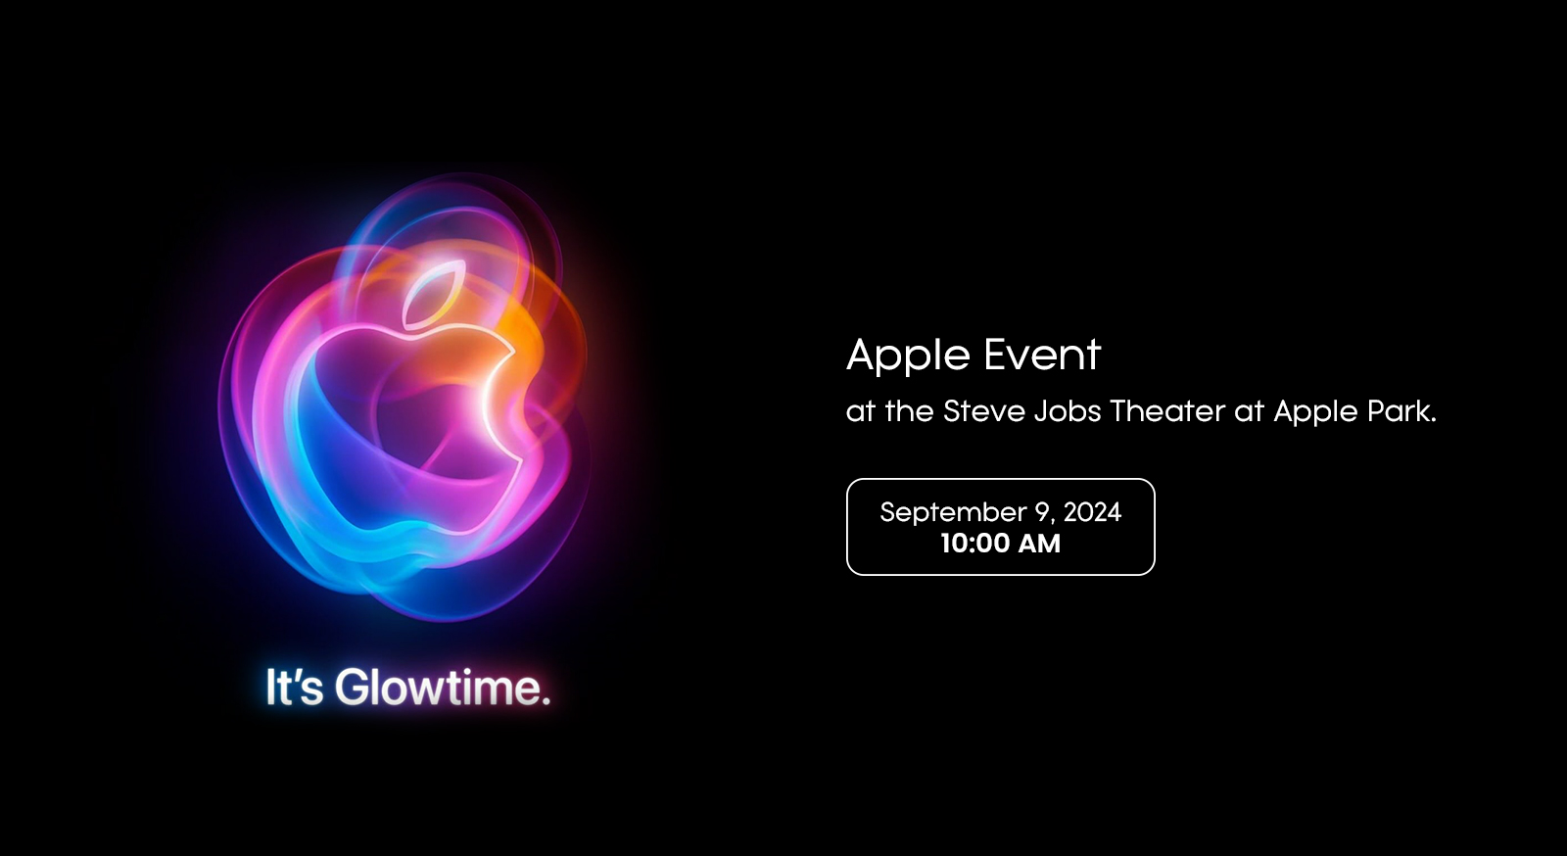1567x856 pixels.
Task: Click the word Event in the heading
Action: pos(1042,355)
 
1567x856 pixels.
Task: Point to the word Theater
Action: pos(1167,411)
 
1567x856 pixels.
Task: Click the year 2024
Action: pos(1093,512)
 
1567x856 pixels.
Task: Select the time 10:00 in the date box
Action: pos(974,545)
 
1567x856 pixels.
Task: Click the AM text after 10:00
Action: pos(1039,545)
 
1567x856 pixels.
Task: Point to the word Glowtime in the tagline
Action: pos(437,688)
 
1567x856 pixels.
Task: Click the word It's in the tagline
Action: pos(295,688)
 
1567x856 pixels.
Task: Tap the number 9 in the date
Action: pos(1043,513)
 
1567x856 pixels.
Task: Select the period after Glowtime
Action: pos(546,700)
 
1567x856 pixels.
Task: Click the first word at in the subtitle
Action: pos(861,412)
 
